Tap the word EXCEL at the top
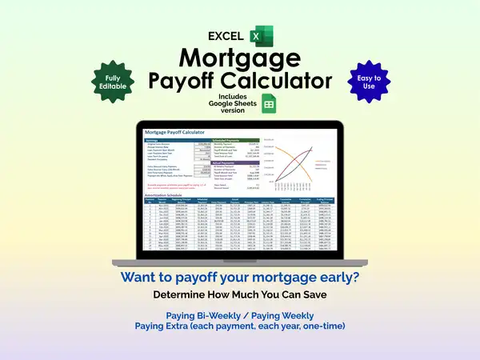tap(226, 36)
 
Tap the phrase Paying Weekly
tap(282, 314)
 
